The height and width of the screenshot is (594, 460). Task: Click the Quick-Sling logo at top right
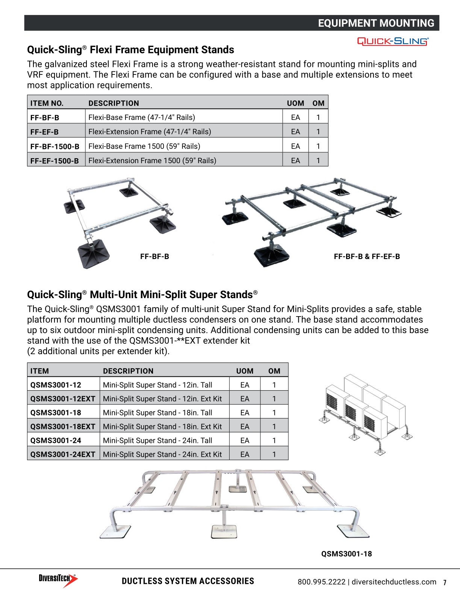coord(392,41)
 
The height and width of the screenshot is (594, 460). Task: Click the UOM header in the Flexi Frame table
coord(295,103)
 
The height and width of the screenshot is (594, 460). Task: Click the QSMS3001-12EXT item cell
coord(63,399)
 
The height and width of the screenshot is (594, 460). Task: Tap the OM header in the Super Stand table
coord(274,371)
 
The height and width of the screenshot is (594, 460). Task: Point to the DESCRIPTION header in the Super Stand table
coord(128,371)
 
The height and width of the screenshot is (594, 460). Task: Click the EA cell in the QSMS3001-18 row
coord(245,412)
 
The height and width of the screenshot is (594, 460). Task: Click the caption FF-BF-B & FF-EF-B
coord(367,256)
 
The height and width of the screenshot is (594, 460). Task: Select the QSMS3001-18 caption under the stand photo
coord(346,554)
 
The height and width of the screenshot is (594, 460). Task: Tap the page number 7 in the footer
coord(445,582)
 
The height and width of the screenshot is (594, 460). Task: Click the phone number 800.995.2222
coord(321,582)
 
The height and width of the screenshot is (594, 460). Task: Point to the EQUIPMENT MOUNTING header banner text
coord(376,23)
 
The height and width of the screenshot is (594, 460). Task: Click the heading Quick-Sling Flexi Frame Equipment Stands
coord(130,50)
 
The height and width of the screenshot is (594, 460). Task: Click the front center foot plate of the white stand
coord(224,531)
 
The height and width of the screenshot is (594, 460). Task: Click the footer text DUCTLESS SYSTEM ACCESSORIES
coord(188,581)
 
